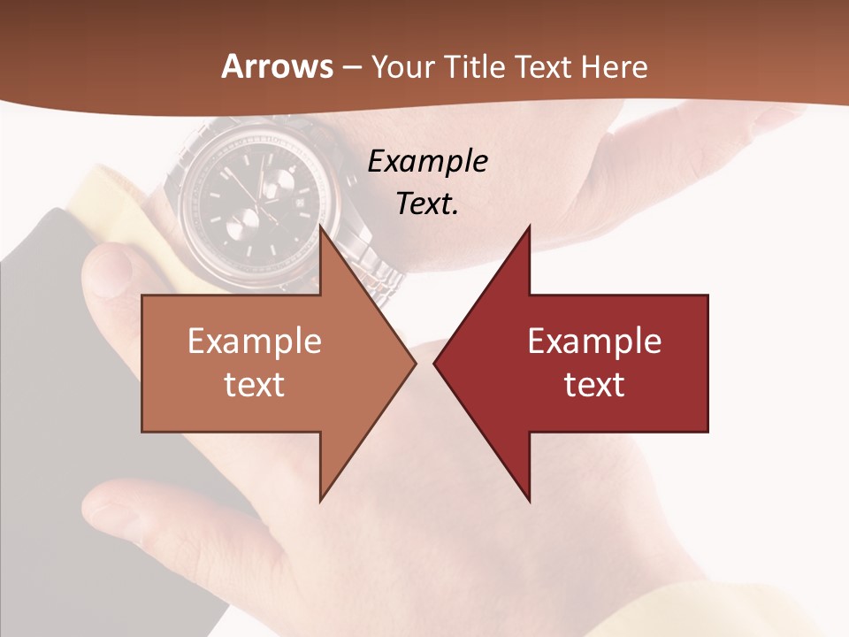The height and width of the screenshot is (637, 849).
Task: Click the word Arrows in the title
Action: coord(277,66)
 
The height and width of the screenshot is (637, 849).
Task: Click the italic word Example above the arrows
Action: coord(427,162)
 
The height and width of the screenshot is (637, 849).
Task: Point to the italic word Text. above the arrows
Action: coord(427,203)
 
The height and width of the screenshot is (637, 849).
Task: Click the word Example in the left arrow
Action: coord(255,342)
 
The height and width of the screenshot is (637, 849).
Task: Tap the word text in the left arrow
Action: coord(255,384)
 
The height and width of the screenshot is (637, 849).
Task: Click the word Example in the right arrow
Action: coord(594,342)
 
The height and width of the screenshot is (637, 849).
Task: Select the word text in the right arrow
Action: coord(594,384)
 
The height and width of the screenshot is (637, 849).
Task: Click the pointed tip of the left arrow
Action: coord(415,363)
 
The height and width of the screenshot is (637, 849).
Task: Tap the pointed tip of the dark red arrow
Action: coord(434,363)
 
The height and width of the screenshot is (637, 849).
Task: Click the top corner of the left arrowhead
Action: coord(320,226)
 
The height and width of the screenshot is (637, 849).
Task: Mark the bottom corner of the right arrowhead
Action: coord(529,501)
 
